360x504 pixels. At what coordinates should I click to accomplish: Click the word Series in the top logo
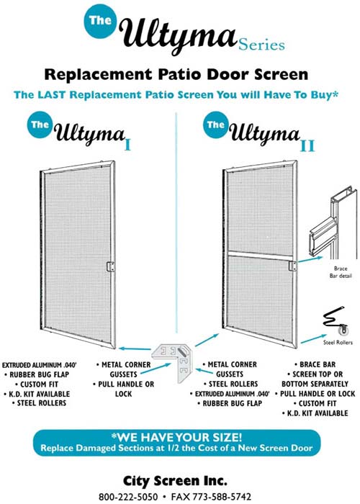click(x=261, y=45)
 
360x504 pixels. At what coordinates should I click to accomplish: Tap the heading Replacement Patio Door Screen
click(x=176, y=74)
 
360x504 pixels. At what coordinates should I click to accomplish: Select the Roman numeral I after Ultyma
click(x=127, y=145)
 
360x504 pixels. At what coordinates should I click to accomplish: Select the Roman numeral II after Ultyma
click(x=307, y=145)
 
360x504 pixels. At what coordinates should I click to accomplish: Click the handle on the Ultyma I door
click(x=110, y=266)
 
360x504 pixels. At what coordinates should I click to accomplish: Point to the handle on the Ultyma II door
click(x=292, y=266)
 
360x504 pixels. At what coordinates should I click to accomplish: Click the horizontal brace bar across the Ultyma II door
click(x=260, y=254)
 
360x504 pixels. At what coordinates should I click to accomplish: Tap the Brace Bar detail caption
click(x=341, y=272)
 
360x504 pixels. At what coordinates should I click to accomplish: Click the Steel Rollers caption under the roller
click(x=338, y=342)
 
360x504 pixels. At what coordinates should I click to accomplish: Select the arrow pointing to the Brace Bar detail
click(x=310, y=259)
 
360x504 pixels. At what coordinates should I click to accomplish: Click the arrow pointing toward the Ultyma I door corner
click(x=135, y=348)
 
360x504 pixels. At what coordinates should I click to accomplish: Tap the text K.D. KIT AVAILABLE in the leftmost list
click(x=37, y=394)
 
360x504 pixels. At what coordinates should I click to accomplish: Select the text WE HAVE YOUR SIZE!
click(x=176, y=437)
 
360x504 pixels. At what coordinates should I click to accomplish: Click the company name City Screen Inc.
click(x=175, y=481)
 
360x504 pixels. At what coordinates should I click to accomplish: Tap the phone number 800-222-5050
click(x=128, y=497)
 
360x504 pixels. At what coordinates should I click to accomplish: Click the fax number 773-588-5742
click(x=222, y=497)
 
